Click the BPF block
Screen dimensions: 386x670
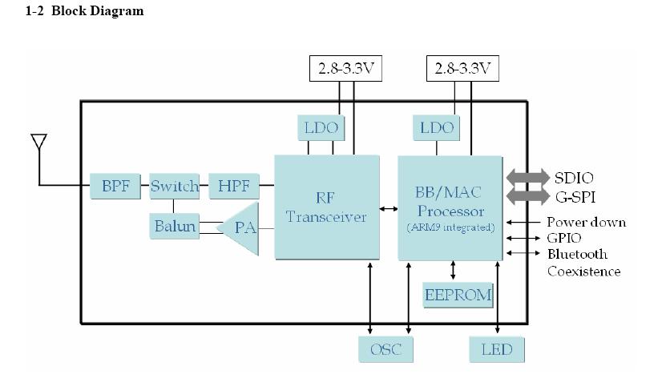click(x=115, y=187)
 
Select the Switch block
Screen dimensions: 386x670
click(x=174, y=187)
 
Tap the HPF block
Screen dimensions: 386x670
click(x=233, y=187)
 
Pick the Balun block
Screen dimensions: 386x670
click(x=174, y=226)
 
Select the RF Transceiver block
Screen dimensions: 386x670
click(x=326, y=207)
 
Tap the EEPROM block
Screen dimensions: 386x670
click(x=458, y=294)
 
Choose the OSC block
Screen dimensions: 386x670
click(x=385, y=349)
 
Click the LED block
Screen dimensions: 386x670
click(x=497, y=349)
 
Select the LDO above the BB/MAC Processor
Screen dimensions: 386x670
click(x=437, y=127)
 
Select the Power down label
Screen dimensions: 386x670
click(x=586, y=222)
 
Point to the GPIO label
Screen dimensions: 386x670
click(x=564, y=238)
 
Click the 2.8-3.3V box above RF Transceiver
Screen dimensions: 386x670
click(x=346, y=69)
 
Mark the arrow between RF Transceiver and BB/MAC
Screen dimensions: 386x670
click(x=388, y=209)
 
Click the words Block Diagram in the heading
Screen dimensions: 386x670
click(x=97, y=11)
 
